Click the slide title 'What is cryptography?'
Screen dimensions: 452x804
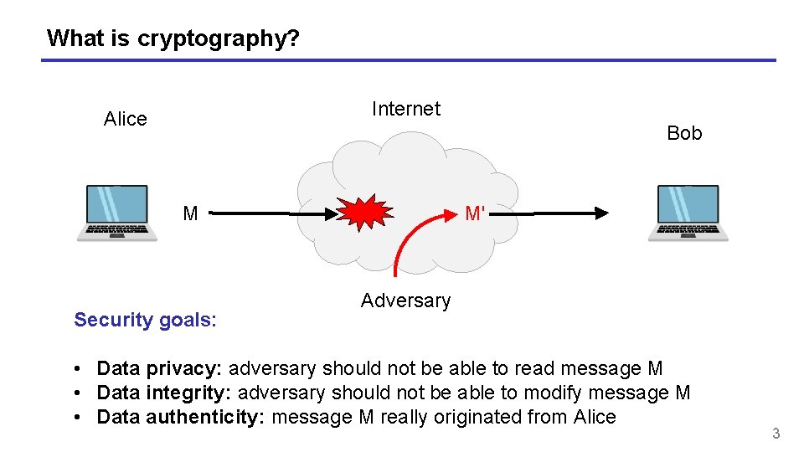click(173, 38)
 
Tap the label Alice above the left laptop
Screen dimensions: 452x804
click(125, 119)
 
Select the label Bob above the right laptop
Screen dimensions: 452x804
click(684, 133)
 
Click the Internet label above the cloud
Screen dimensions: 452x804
click(405, 109)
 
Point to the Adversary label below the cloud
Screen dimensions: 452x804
click(405, 300)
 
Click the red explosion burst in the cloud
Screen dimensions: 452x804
click(365, 213)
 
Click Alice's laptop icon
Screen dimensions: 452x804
click(117, 213)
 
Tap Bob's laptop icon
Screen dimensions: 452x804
click(688, 213)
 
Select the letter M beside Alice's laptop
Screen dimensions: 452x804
click(190, 213)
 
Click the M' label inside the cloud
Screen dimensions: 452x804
click(475, 213)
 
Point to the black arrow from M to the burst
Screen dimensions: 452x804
click(268, 213)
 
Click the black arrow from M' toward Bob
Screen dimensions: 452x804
click(553, 213)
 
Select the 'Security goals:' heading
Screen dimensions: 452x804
click(145, 320)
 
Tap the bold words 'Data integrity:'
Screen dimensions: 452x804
click(164, 393)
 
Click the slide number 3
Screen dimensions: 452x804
click(776, 434)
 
